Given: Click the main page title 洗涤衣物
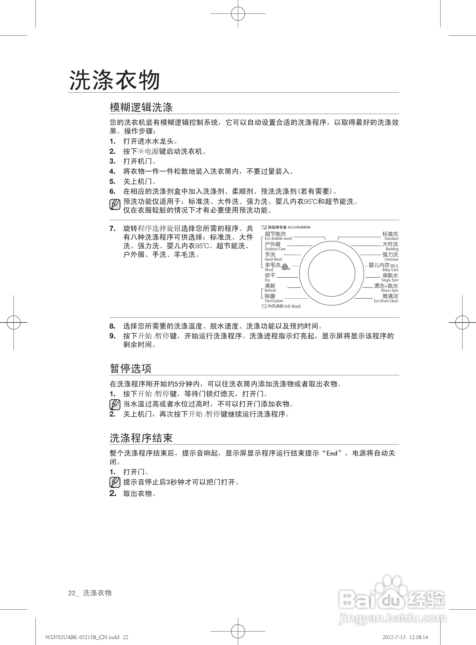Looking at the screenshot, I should (115, 80).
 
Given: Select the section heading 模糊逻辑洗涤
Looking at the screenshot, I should (141, 107).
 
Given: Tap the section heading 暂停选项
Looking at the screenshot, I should (130, 368).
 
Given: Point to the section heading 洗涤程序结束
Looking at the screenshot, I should (141, 438).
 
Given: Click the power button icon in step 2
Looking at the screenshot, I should (141, 151).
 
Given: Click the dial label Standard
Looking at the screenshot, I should (391, 239).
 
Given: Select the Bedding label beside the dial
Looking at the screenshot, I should (392, 249).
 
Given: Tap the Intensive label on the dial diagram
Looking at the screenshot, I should (391, 259).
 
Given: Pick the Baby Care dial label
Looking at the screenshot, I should (390, 270).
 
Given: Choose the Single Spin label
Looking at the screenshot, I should (390, 280).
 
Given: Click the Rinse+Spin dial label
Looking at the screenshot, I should (390, 290).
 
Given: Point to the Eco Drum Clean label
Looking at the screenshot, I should (386, 301).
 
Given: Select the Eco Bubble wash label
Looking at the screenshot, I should (278, 239).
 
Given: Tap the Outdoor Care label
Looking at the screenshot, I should (275, 249).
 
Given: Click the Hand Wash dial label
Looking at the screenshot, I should (273, 259).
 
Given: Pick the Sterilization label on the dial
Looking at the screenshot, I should (274, 301).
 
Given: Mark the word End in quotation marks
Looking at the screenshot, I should (332, 453).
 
